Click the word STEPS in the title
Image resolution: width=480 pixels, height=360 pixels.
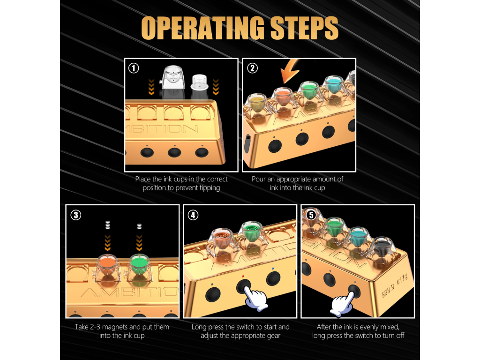[304, 29]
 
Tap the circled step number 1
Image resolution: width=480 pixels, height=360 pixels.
[134, 68]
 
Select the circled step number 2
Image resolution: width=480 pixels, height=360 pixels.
[252, 68]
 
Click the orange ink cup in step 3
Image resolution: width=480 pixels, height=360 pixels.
[107, 265]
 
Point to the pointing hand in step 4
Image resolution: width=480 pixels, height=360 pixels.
[253, 297]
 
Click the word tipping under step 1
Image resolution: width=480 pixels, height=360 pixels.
[209, 188]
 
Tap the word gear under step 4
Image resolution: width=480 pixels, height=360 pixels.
[271, 335]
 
